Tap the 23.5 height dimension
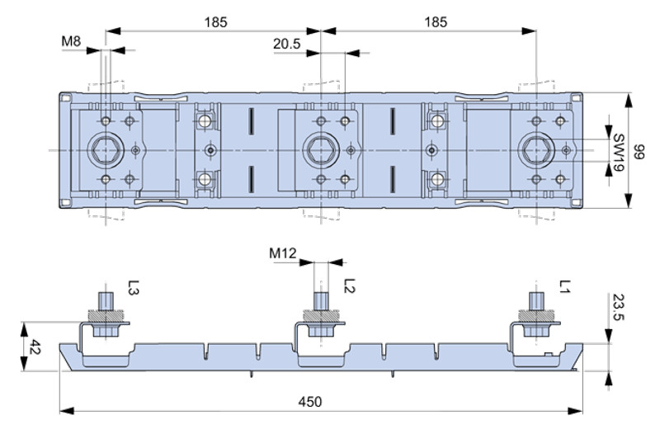618,311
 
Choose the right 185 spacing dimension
435,22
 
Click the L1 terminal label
565,287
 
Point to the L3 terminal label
134,287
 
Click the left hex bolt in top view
104,150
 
